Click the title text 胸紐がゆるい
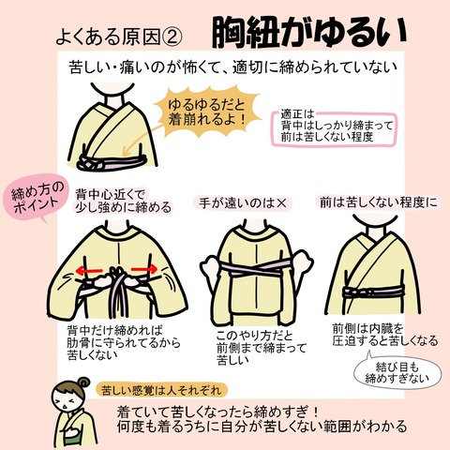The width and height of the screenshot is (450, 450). coord(308,33)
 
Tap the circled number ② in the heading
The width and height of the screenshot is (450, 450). coord(172,37)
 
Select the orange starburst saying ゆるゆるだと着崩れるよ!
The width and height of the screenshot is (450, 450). coord(207,112)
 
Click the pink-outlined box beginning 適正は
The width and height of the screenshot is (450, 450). coord(335,127)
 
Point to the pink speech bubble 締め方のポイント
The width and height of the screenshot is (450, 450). coord(37,198)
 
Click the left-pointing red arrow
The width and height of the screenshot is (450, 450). coord(90,270)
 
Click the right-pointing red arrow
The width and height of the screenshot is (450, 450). coord(144,269)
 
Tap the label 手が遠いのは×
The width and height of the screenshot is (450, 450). coord(243,203)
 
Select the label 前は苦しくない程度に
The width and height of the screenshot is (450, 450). coord(378,202)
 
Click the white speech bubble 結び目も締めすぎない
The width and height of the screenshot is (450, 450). coord(397,373)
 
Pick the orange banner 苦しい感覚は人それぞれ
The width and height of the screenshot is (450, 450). coord(161,390)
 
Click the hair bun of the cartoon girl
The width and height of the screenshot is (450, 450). coord(83,383)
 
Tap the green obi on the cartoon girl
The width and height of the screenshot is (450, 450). coord(75,434)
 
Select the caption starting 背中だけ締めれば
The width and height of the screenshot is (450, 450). coord(124,342)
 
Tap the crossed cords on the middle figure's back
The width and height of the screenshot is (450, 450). coord(256,269)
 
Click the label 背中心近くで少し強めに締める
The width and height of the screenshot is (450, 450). coord(124,201)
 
